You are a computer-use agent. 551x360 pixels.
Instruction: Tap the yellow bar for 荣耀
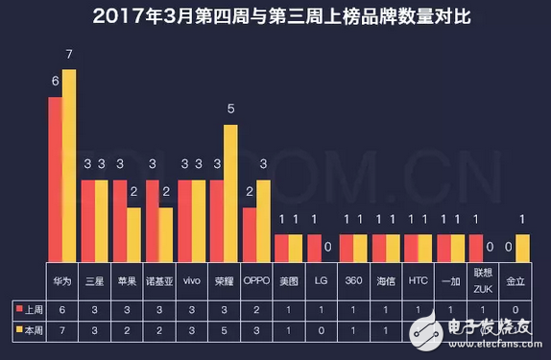click(x=230, y=192)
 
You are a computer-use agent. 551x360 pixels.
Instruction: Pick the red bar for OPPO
click(x=250, y=234)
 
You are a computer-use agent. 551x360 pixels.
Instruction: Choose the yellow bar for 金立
click(x=521, y=248)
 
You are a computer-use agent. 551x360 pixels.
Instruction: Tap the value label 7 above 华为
click(x=69, y=55)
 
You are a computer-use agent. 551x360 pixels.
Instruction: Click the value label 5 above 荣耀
click(x=230, y=109)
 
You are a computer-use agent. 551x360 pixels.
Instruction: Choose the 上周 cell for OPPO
click(x=256, y=308)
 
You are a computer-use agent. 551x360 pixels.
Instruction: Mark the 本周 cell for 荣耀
click(x=224, y=331)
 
